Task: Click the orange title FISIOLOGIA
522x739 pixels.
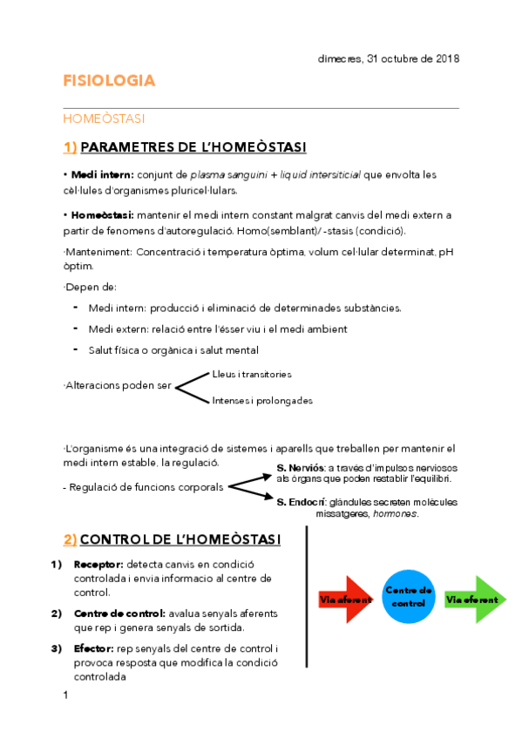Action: pyautogui.click(x=109, y=81)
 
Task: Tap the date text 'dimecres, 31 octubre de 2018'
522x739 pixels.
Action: pyautogui.click(x=387, y=58)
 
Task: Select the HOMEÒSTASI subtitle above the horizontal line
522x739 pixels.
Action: pyautogui.click(x=104, y=118)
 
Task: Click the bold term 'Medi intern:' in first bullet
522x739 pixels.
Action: pyautogui.click(x=101, y=174)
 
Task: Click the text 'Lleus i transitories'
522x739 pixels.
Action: pyautogui.click(x=252, y=374)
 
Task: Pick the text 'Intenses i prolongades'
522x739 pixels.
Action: pyautogui.click(x=261, y=401)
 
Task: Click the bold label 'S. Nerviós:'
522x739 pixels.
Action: pyautogui.click(x=301, y=468)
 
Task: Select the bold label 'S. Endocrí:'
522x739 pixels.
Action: pyautogui.click(x=301, y=502)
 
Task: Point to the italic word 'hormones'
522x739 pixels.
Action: pyautogui.click(x=394, y=513)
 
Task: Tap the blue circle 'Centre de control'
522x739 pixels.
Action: pyautogui.click(x=409, y=598)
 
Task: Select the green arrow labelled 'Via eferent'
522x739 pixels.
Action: pyautogui.click(x=472, y=600)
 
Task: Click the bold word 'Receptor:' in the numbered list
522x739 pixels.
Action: pyautogui.click(x=98, y=564)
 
